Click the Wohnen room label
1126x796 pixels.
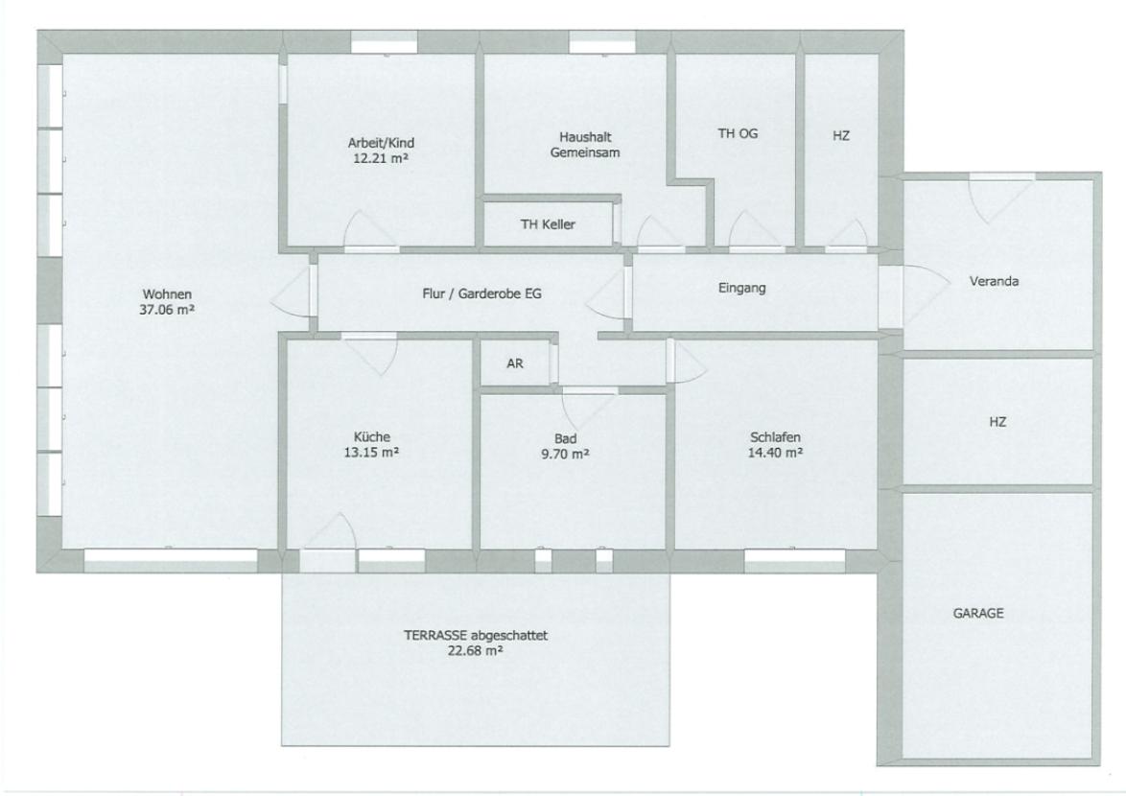[168, 293]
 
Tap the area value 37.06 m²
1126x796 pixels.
[168, 309]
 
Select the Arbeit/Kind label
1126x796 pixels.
[381, 143]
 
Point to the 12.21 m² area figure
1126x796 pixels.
[381, 157]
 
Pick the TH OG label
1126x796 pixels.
[738, 134]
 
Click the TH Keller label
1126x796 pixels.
[548, 224]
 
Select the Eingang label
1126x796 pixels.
[742, 288]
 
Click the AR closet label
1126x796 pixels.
[515, 364]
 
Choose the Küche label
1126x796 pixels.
[372, 436]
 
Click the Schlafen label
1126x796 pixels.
[775, 438]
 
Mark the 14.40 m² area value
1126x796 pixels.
[775, 454]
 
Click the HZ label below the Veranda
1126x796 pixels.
[997, 422]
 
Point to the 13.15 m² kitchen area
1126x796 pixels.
[372, 453]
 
